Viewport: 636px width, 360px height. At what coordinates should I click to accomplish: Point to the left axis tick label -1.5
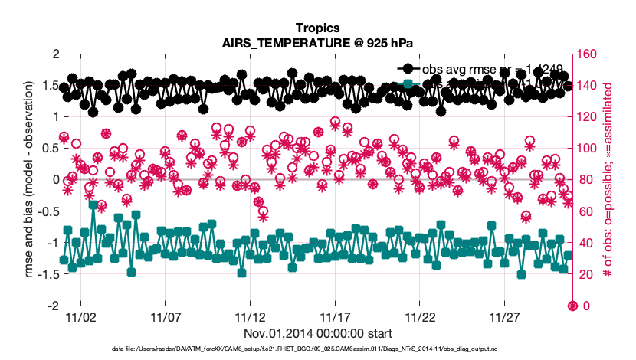click(48, 274)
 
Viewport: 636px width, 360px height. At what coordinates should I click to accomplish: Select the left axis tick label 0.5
click(50, 149)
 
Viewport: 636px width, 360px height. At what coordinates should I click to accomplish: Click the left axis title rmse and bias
click(31, 180)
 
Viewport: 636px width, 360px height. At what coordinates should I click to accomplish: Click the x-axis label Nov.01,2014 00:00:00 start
click(318, 333)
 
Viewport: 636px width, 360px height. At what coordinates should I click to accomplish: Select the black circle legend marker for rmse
click(407, 69)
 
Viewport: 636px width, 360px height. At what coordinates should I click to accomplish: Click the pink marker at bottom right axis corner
click(572, 306)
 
